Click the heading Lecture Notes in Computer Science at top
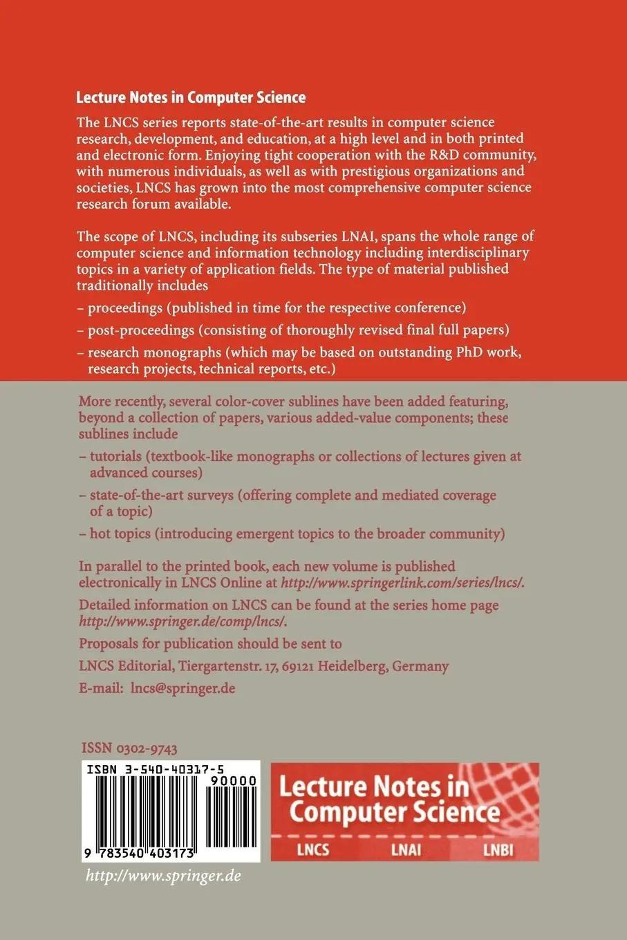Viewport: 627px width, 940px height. click(192, 98)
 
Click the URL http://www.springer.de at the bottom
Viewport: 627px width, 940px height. click(162, 876)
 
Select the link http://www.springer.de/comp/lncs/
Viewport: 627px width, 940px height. click(183, 621)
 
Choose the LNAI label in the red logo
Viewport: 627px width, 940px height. click(406, 849)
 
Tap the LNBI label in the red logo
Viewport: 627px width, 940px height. click(498, 849)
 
